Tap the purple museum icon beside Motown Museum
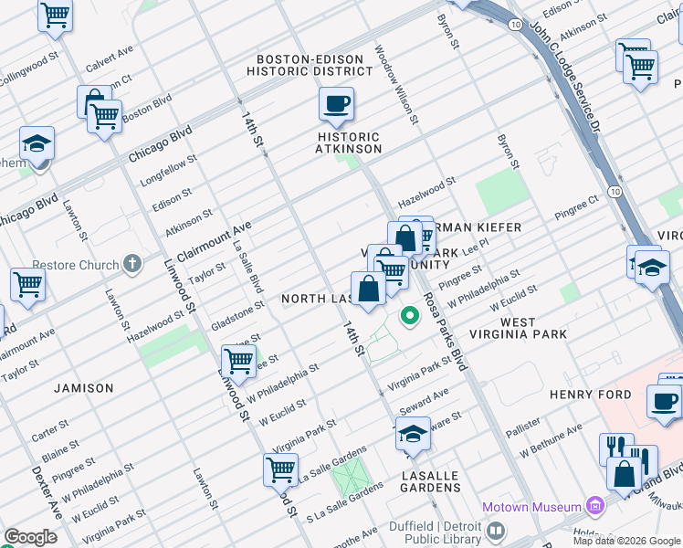595,506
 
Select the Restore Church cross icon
133,265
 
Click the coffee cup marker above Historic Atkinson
336,105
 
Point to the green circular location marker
411,317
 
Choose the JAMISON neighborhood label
83,388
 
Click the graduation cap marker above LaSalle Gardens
413,434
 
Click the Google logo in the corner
30,537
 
